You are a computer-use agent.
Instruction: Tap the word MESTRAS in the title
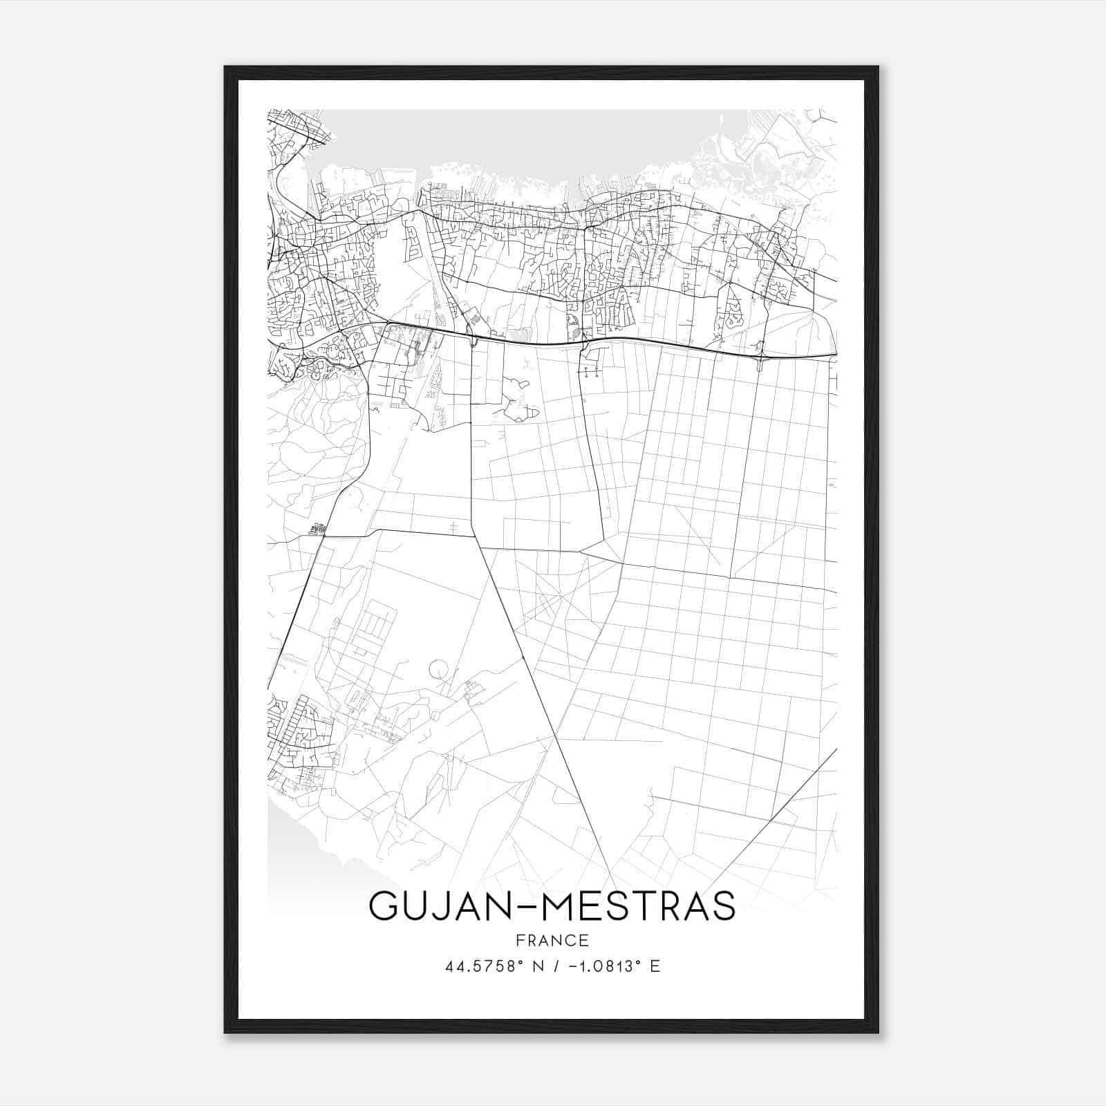639,906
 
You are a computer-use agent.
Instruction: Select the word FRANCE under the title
552,941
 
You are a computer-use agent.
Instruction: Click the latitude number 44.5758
478,966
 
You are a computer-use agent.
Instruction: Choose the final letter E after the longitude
655,966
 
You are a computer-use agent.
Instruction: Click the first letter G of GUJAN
383,906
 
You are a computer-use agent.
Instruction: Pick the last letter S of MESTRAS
723,906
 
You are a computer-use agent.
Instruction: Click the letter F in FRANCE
519,941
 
